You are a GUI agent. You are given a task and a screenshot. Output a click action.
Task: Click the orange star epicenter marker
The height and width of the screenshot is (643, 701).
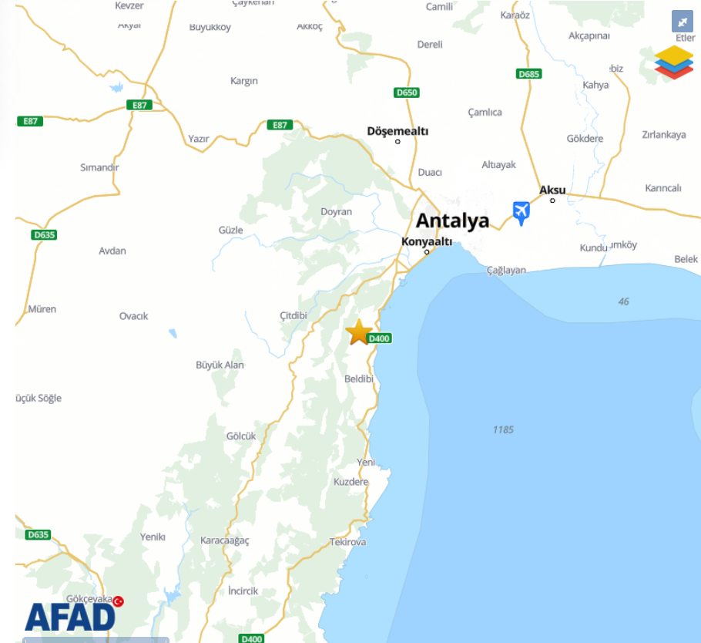[x=359, y=332]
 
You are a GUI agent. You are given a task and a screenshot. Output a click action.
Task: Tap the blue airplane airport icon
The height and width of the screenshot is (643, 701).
[x=522, y=212]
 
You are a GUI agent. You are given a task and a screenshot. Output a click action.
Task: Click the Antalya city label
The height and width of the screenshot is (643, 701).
[x=452, y=221]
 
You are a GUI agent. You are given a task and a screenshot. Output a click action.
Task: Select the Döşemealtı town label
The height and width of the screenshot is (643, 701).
[x=397, y=131]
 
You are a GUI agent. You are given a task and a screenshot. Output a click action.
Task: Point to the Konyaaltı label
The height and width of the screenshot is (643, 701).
[x=427, y=241]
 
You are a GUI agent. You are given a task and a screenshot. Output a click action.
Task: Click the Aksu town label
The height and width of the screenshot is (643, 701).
[x=552, y=190]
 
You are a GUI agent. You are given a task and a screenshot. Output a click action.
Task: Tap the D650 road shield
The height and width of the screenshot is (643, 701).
[x=406, y=93]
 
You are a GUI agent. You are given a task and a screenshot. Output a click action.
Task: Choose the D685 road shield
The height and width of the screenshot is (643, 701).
[x=528, y=74]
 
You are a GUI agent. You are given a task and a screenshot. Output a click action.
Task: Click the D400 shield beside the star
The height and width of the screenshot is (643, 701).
[x=380, y=338]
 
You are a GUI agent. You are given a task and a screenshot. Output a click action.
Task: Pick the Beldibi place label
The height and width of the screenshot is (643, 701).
[x=359, y=379]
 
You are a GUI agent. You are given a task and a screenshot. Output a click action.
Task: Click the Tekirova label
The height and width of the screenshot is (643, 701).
[x=348, y=542]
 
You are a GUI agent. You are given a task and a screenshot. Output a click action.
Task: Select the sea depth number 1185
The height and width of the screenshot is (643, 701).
[x=503, y=429]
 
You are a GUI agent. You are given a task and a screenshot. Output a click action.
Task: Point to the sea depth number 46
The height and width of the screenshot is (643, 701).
[x=623, y=301]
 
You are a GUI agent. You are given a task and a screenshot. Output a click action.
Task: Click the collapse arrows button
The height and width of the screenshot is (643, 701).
[x=682, y=22]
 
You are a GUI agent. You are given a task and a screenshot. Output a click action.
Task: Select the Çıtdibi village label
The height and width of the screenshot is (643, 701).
[x=293, y=316]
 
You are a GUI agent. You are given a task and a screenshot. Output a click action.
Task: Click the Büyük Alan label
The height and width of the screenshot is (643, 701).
[x=220, y=365]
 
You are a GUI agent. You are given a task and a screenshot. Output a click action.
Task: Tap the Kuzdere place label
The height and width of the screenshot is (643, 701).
[x=350, y=482]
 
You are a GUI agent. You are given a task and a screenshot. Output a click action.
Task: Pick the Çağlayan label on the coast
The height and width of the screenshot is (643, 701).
[x=506, y=270]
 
